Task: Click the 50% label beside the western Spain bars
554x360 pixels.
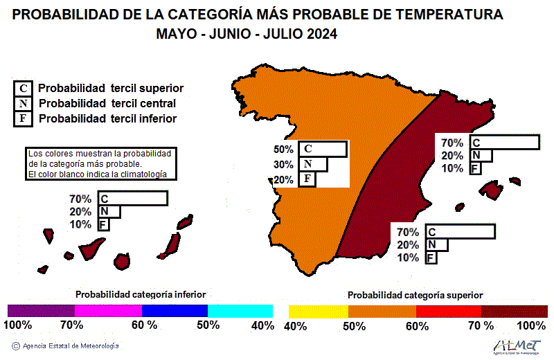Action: point(284,150)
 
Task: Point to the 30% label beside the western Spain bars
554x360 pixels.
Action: point(284,165)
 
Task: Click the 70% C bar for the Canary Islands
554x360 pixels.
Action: point(132,199)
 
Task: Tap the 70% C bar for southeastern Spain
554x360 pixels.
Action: point(460,232)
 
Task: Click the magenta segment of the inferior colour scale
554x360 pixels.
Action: point(107,311)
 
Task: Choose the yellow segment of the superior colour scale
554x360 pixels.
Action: point(318,311)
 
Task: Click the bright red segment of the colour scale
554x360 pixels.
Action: point(447,311)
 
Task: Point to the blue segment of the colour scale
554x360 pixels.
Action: point(174,311)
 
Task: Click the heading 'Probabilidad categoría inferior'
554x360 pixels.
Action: point(141,294)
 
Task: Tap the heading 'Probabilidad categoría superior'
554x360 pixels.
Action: point(415,295)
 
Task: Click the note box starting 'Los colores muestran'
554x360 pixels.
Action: point(100,163)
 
